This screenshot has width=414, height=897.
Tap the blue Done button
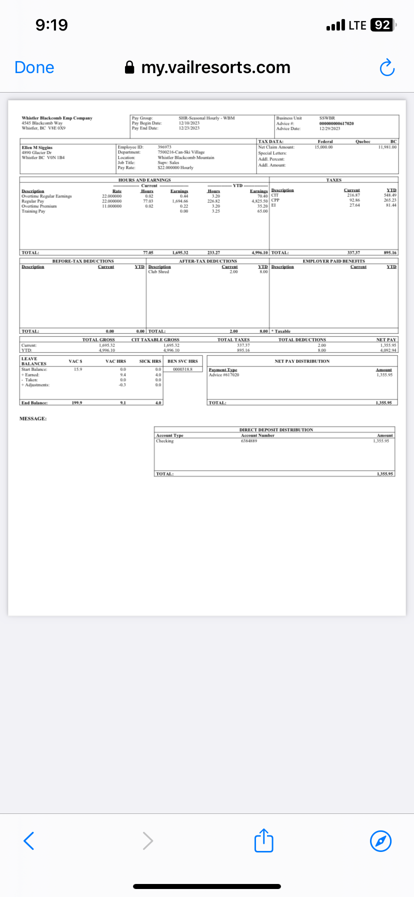(34, 68)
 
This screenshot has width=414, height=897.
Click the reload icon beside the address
(387, 68)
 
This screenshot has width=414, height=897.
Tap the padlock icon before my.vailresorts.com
(129, 68)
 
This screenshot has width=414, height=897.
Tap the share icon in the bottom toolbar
(263, 840)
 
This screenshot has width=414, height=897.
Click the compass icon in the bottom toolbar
(380, 841)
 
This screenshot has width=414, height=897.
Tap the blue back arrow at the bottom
(29, 841)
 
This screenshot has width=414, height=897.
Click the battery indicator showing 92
(383, 25)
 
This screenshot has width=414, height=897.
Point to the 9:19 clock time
(51, 25)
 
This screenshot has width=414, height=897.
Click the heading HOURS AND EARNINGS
(144, 180)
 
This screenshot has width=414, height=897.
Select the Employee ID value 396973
(164, 147)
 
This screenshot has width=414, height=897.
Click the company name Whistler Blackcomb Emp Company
(57, 118)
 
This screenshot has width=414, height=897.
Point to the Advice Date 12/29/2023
(329, 129)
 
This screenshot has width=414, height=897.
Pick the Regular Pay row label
(33, 201)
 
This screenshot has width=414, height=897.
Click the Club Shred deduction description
(158, 272)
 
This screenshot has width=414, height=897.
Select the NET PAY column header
(386, 340)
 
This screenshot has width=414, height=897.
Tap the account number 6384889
(249, 441)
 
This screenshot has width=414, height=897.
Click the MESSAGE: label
(33, 418)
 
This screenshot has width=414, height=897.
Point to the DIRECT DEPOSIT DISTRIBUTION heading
(276, 430)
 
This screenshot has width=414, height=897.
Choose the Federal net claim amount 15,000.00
(323, 147)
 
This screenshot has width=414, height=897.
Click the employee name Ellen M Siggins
(37, 148)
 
